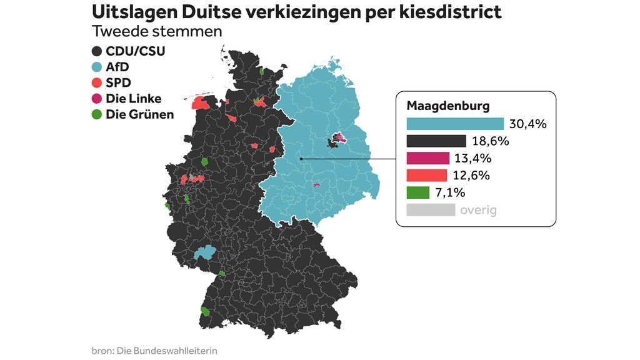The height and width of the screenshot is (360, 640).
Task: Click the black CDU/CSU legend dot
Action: pyautogui.click(x=97, y=51)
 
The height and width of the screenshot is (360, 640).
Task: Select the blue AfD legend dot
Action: pyautogui.click(x=97, y=67)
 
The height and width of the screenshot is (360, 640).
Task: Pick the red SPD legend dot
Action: pyautogui.click(x=97, y=82)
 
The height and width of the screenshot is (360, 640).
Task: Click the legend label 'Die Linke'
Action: pyautogui.click(x=134, y=99)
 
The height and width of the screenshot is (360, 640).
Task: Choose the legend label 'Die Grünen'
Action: pyautogui.click(x=140, y=114)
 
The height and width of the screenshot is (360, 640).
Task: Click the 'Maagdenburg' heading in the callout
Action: pyautogui.click(x=448, y=106)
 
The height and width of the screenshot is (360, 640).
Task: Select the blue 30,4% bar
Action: pyautogui.click(x=455, y=124)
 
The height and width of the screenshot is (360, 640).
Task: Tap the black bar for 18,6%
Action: pyautogui.click(x=436, y=141)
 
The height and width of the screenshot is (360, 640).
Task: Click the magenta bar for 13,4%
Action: pyautogui.click(x=428, y=158)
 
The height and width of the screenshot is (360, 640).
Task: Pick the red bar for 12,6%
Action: pyautogui.click(x=427, y=175)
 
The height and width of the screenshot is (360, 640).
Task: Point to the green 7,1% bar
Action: pyautogui.click(x=418, y=192)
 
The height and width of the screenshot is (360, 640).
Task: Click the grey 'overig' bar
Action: pyautogui.click(x=431, y=210)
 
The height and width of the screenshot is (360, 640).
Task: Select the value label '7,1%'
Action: pyautogui.click(x=451, y=192)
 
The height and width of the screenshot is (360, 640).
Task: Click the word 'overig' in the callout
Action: pyautogui.click(x=478, y=210)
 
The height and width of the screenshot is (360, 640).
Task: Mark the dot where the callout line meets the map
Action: pyautogui.click(x=301, y=159)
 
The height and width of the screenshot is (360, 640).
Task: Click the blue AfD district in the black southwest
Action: pyautogui.click(x=204, y=252)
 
